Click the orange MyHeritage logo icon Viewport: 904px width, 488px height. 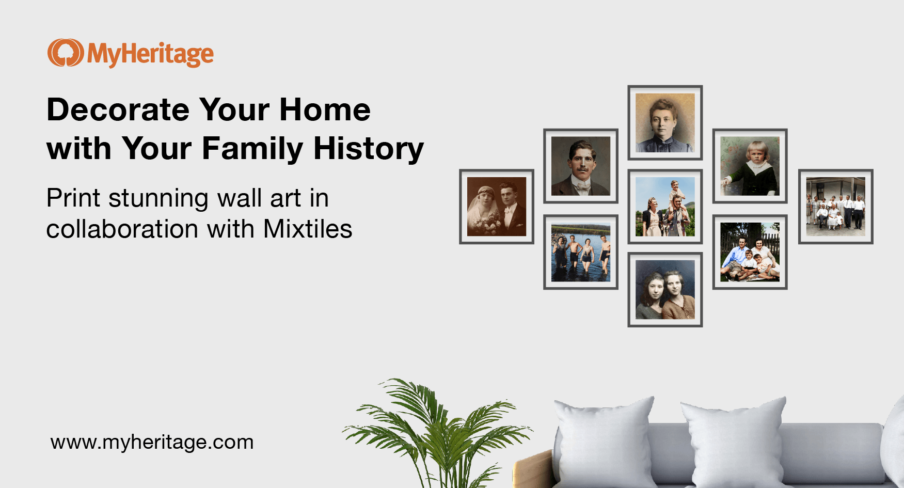pos(65,53)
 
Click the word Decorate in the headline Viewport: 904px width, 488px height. pos(118,110)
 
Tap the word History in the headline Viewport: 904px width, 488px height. pos(368,149)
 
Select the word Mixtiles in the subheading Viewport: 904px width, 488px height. pos(308,229)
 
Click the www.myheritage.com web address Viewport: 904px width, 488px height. pos(152,443)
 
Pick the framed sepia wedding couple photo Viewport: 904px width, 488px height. pos(497,207)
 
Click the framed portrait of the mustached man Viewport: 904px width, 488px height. pos(581,166)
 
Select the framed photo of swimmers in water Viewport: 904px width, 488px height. pos(581,252)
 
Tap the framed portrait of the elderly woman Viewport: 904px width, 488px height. pos(665,122)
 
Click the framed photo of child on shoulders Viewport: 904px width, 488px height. pos(665,207)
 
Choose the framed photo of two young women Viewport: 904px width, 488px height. pos(665,290)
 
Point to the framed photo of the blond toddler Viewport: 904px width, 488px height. pos(750,166)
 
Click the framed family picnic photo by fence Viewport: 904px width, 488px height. pos(750,252)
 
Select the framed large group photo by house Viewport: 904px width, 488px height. pos(835,207)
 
